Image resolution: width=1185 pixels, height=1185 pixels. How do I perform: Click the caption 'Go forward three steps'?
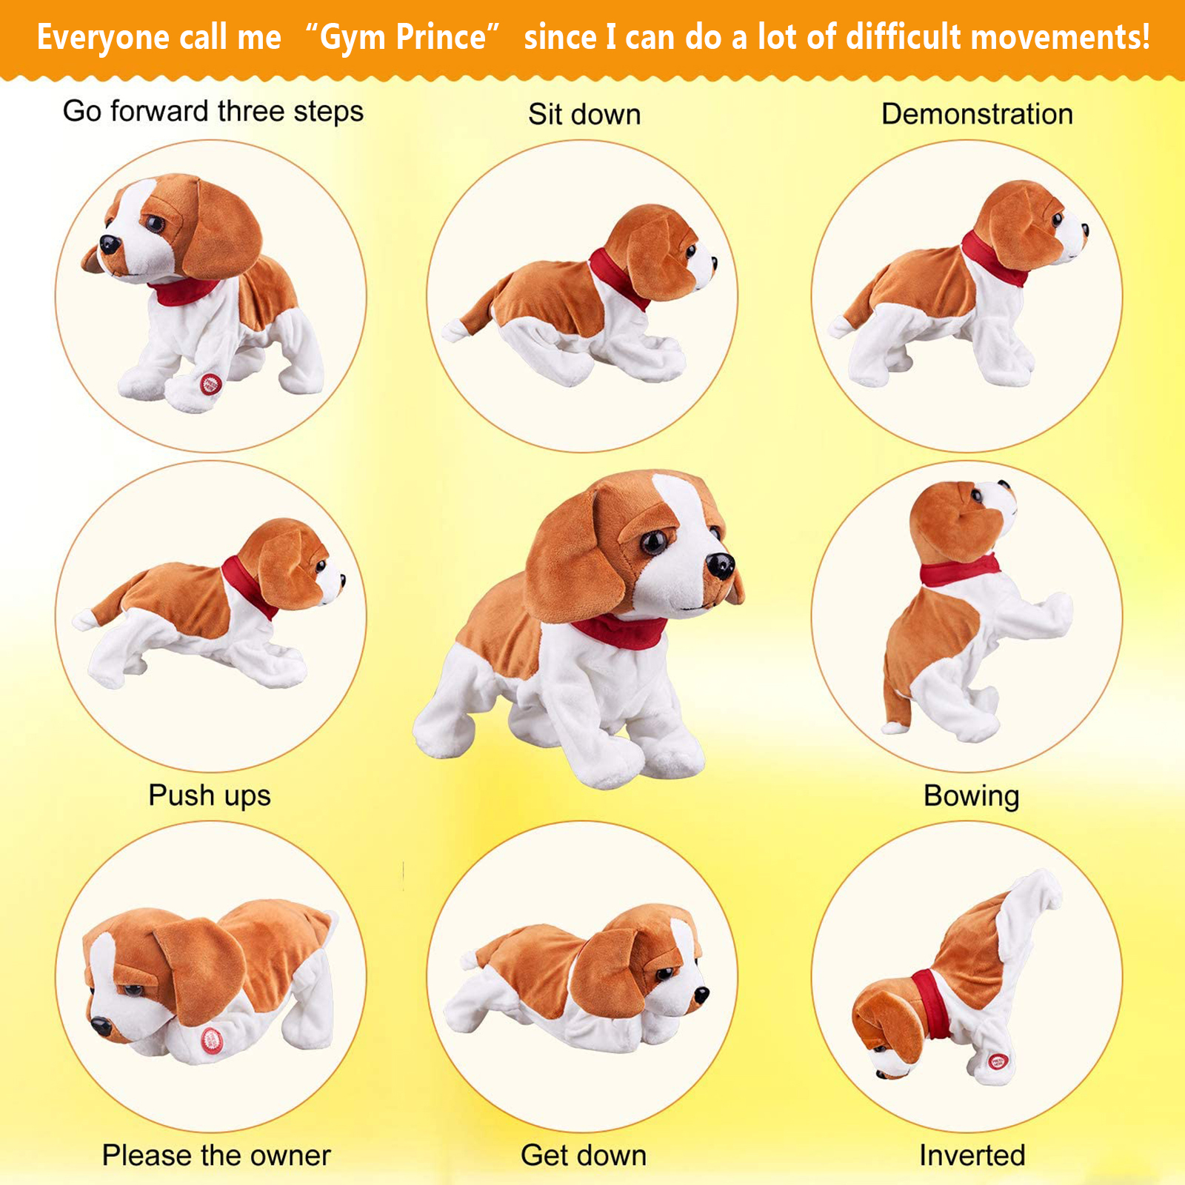click(213, 112)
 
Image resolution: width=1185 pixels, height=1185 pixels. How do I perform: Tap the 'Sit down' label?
click(584, 115)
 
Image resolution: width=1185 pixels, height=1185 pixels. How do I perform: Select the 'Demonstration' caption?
click(977, 114)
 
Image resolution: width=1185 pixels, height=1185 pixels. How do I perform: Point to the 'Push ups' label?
click(210, 796)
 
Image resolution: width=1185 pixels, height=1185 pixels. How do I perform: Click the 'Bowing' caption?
click(972, 796)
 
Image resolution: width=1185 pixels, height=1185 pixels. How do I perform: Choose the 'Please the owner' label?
click(216, 1155)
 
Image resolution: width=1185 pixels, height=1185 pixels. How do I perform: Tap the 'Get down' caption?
click(584, 1155)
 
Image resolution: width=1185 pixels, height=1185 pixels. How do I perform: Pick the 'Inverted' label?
click(972, 1155)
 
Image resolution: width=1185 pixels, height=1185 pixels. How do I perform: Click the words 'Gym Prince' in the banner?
click(403, 38)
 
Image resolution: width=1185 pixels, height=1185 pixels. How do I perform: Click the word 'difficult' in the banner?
click(903, 36)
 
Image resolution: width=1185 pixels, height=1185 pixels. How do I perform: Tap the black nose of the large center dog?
click(719, 566)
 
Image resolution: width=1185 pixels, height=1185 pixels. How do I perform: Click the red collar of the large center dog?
click(619, 632)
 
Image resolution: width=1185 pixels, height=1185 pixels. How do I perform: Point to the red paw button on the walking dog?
click(210, 384)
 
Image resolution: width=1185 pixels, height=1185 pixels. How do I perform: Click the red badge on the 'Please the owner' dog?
click(213, 1040)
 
